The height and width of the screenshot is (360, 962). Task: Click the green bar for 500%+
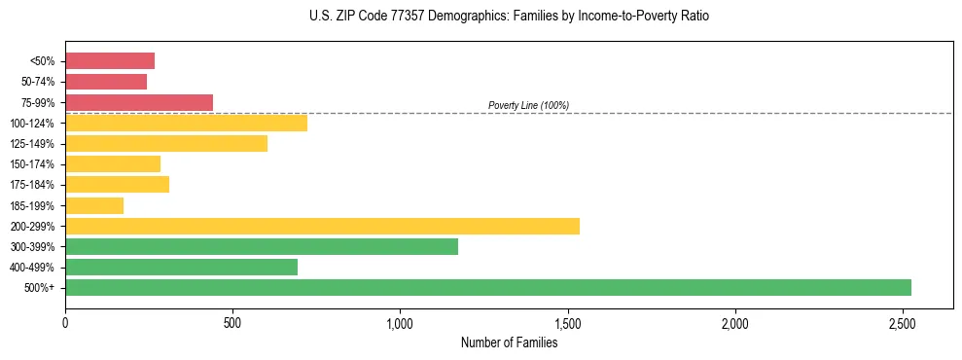(x=487, y=287)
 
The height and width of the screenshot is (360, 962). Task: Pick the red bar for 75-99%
(x=139, y=102)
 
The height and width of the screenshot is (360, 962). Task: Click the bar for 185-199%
(x=94, y=205)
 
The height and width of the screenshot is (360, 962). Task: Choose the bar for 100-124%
(x=186, y=123)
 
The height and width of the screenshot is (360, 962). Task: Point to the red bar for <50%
(x=110, y=61)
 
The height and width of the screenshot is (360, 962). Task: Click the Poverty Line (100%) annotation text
(x=528, y=105)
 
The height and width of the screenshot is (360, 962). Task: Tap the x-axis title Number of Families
(x=509, y=342)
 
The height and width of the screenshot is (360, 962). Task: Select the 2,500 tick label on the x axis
(x=902, y=323)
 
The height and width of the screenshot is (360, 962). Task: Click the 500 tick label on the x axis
(x=232, y=323)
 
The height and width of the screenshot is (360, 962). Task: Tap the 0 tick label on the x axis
(x=65, y=323)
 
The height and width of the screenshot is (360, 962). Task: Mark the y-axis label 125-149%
(x=33, y=144)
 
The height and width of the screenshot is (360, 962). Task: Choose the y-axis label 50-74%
(x=38, y=82)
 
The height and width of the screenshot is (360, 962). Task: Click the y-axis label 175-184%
(x=33, y=185)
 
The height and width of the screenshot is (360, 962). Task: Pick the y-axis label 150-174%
(x=33, y=164)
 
